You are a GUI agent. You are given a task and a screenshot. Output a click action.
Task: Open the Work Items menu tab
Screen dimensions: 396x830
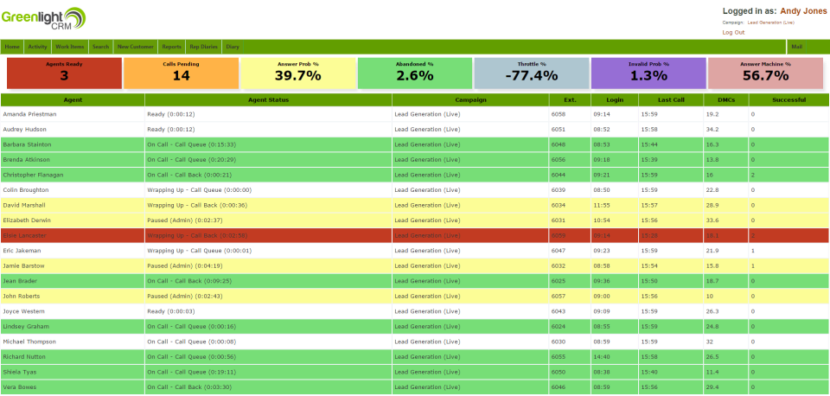[70, 47]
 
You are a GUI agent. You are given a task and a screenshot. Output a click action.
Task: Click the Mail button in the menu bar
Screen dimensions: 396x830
[796, 47]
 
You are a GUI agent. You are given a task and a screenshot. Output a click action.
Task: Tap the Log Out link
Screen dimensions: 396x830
[733, 32]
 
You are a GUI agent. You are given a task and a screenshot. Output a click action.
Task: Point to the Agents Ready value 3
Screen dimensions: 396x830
[64, 75]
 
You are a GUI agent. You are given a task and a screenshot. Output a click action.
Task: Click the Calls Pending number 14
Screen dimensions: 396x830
[181, 75]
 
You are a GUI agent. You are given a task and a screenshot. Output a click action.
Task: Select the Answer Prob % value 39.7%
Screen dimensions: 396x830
[297, 75]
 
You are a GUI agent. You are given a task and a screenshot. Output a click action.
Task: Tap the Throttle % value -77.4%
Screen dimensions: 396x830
[531, 75]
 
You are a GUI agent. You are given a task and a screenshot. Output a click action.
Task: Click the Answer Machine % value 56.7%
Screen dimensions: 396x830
[765, 75]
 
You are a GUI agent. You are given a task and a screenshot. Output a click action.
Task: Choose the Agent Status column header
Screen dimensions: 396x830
[268, 99]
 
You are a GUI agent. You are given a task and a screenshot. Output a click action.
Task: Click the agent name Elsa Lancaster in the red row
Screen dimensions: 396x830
[24, 235]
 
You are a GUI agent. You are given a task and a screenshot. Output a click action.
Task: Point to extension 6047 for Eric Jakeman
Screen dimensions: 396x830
[558, 251]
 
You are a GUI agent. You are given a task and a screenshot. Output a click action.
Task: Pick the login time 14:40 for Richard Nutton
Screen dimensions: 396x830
[602, 356]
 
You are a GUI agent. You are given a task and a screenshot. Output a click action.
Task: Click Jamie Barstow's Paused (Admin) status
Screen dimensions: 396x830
[185, 265]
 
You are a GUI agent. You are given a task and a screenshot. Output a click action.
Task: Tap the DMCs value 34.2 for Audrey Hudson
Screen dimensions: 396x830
[712, 129]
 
